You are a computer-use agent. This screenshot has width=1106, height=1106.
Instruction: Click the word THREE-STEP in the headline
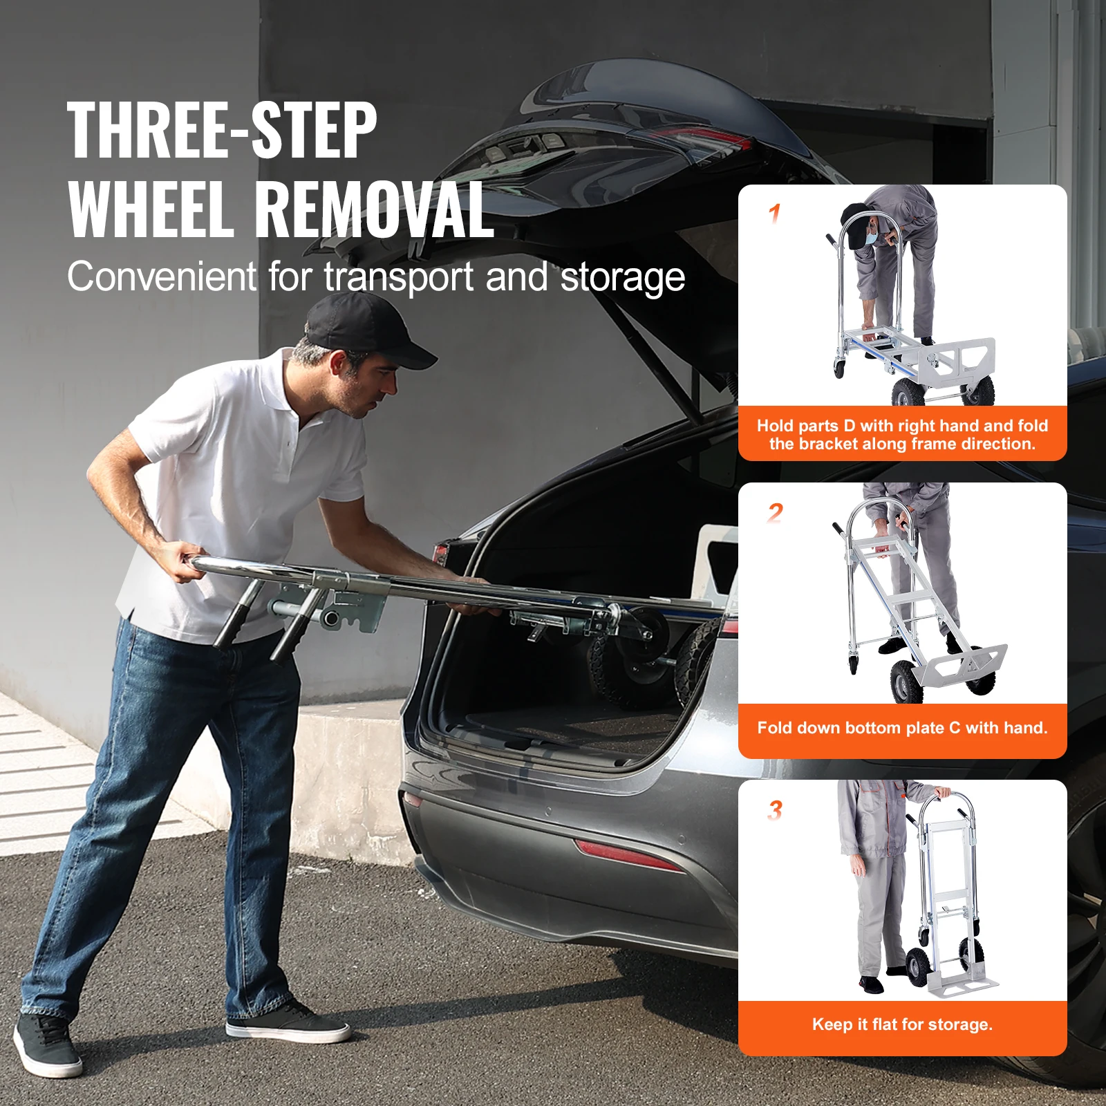(x=221, y=130)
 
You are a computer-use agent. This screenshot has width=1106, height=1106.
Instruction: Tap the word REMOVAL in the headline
(x=373, y=209)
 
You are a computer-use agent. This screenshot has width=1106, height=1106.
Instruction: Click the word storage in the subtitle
(x=622, y=277)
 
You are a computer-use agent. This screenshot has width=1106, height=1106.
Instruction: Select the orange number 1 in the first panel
(x=775, y=214)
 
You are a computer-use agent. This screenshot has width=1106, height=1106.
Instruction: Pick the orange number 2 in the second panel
(x=776, y=513)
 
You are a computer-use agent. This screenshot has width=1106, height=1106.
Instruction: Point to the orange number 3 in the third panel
(x=775, y=810)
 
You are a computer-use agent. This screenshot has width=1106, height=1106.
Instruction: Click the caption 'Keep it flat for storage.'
(x=902, y=1024)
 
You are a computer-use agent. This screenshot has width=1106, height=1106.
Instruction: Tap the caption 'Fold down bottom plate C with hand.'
(x=902, y=728)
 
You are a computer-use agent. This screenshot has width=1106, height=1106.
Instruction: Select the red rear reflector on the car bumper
(x=626, y=855)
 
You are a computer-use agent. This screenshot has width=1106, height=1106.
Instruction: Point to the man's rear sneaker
(x=47, y=1045)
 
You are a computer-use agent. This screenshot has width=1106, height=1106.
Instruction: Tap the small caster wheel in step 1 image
(x=839, y=367)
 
